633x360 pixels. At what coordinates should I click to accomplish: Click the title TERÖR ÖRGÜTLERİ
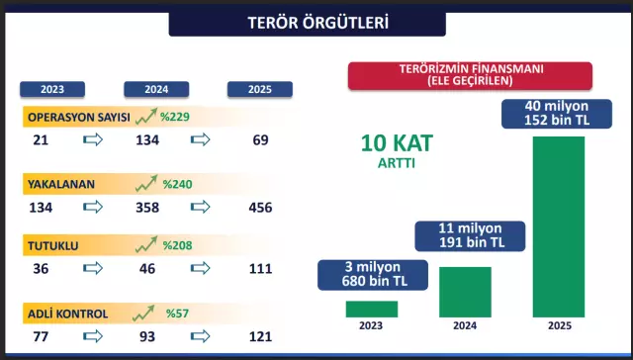tap(316, 22)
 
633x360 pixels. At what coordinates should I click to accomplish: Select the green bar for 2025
tap(558, 226)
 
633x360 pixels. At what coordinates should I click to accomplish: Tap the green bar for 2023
tap(372, 309)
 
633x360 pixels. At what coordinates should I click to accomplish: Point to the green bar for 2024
tap(465, 292)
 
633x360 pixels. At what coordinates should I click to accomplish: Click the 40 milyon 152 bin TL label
tap(557, 113)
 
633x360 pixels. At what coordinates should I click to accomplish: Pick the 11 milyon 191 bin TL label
tap(464, 236)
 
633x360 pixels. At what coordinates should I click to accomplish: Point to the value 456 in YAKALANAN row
tap(261, 207)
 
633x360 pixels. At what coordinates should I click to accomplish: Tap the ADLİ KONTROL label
tap(68, 315)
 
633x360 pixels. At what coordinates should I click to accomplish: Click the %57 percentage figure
tap(178, 315)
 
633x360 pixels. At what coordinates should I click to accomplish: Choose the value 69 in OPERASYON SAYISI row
tap(261, 140)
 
